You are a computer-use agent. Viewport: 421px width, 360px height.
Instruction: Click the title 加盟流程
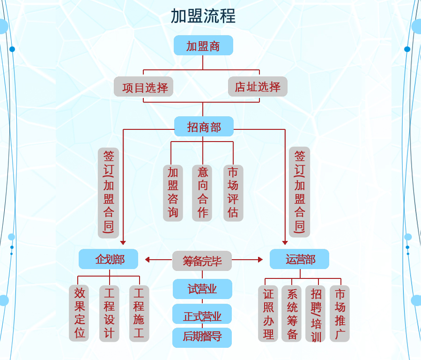pos(203,16)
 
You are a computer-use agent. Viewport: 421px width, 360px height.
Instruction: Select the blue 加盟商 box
pos(203,45)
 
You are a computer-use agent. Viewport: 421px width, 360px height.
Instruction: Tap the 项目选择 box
pos(144,87)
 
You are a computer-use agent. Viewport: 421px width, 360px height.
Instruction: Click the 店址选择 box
pos(258,87)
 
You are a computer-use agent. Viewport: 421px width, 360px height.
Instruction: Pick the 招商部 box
pos(204,127)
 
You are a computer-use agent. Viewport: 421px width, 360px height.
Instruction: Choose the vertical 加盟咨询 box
pos(173,193)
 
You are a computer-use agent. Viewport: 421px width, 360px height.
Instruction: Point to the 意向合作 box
pos(202,193)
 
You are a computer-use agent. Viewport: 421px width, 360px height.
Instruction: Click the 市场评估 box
pos(233,193)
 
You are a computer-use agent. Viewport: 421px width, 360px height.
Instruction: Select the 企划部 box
pos(109,259)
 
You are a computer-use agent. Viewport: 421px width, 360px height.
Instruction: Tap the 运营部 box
pos(300,259)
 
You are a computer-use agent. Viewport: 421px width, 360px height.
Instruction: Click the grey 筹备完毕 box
pos(202,261)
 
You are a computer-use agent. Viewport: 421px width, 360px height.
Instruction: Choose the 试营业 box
pos(202,289)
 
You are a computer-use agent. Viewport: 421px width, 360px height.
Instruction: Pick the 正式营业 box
pos(202,315)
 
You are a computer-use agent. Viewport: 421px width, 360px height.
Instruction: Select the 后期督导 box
pos(202,337)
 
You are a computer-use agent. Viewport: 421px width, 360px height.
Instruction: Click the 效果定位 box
pos(79,313)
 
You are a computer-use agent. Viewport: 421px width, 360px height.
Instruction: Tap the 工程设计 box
pos(109,313)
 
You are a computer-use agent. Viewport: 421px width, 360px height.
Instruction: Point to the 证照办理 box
pos(268,314)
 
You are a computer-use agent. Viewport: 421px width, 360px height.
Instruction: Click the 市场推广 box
pos(340,314)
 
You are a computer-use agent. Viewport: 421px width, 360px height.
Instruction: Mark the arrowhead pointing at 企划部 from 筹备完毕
pos(148,260)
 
